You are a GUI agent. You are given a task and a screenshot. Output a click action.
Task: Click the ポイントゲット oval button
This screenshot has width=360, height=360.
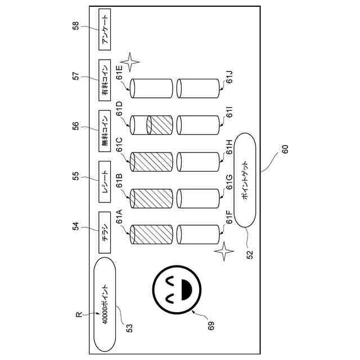[x=246, y=179]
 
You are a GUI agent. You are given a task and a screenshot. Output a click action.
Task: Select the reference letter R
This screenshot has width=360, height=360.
[x=79, y=316]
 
